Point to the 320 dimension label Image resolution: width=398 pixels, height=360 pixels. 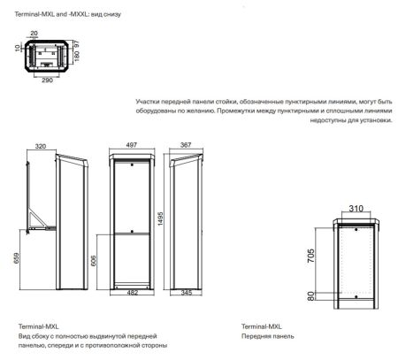(41, 147)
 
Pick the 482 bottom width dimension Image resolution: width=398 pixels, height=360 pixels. (132, 291)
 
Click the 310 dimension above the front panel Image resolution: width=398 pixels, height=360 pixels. (356, 211)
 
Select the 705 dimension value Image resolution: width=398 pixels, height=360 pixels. (311, 257)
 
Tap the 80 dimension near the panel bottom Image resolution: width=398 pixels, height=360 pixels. (311, 298)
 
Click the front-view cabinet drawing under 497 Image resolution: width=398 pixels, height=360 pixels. (132, 221)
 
